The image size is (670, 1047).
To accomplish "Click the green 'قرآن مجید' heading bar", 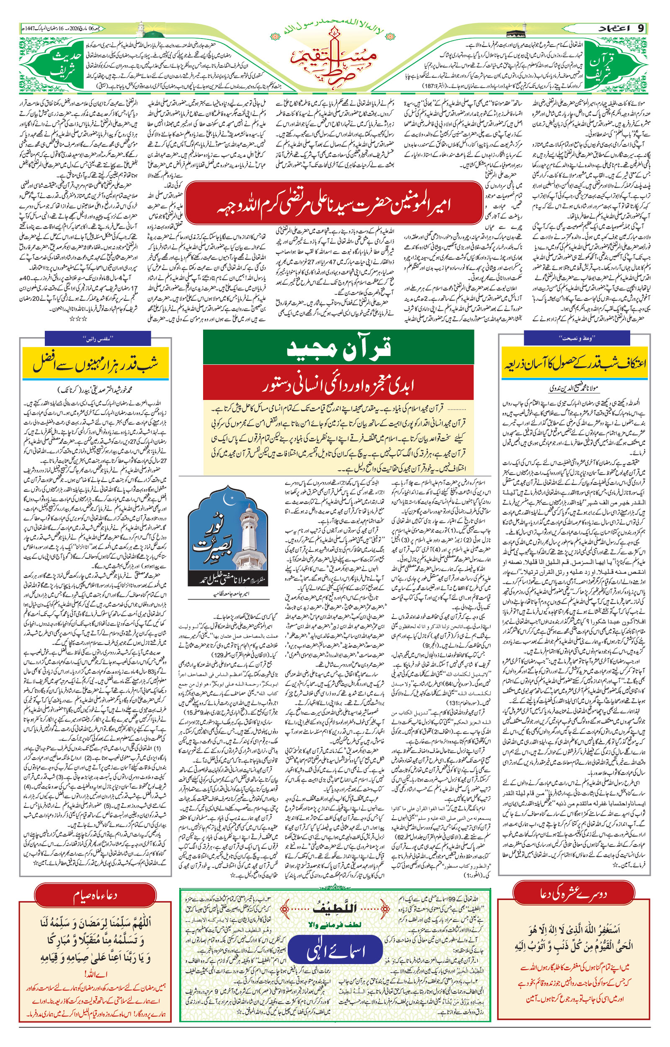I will click(338, 347).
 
